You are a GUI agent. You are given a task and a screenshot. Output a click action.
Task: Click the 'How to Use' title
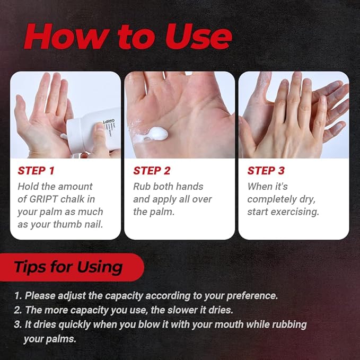click(128, 36)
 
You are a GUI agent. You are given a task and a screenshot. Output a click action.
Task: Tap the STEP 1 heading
click(36, 171)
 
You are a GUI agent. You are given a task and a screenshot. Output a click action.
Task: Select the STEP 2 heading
click(152, 171)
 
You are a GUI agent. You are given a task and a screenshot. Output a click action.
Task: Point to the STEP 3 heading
click(266, 171)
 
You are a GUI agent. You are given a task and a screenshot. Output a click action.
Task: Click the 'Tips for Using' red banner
click(72, 267)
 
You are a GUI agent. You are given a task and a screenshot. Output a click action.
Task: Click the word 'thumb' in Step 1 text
click(68, 224)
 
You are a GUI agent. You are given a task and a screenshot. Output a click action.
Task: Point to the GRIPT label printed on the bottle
click(112, 124)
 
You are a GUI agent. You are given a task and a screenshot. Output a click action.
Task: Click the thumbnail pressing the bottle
click(100, 126)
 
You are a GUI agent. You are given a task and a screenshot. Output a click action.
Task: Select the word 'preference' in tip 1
click(252, 296)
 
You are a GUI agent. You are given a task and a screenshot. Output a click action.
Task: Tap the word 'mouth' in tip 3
click(229, 324)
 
